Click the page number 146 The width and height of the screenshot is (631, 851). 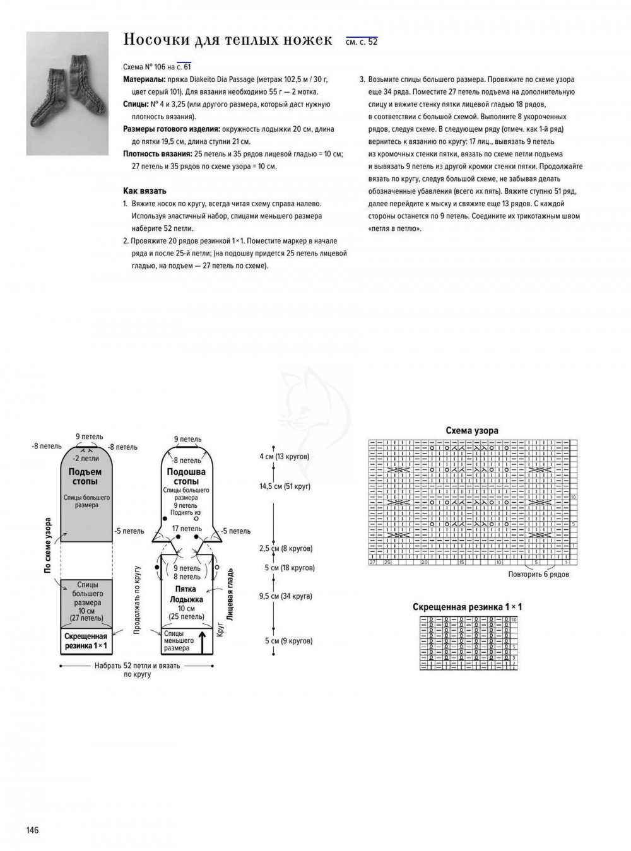(32, 830)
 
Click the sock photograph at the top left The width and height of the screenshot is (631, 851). (68, 93)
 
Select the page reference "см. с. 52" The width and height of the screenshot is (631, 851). (362, 42)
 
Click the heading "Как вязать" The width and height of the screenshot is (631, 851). (144, 191)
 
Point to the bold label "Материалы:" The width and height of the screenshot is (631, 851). (144, 79)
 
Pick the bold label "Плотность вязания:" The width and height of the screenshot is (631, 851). (158, 154)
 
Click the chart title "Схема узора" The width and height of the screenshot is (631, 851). (472, 430)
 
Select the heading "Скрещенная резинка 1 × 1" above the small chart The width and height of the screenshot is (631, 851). (467, 607)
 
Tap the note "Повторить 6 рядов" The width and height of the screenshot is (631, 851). (538, 574)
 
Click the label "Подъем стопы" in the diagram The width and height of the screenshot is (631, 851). (85, 477)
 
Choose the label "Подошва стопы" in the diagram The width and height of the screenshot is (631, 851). (186, 477)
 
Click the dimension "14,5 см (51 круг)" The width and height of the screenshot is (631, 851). (285, 486)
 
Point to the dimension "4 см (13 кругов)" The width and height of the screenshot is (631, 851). (284, 456)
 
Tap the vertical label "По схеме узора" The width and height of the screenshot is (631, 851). (47, 545)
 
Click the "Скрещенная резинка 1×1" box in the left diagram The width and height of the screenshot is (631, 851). (85, 642)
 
